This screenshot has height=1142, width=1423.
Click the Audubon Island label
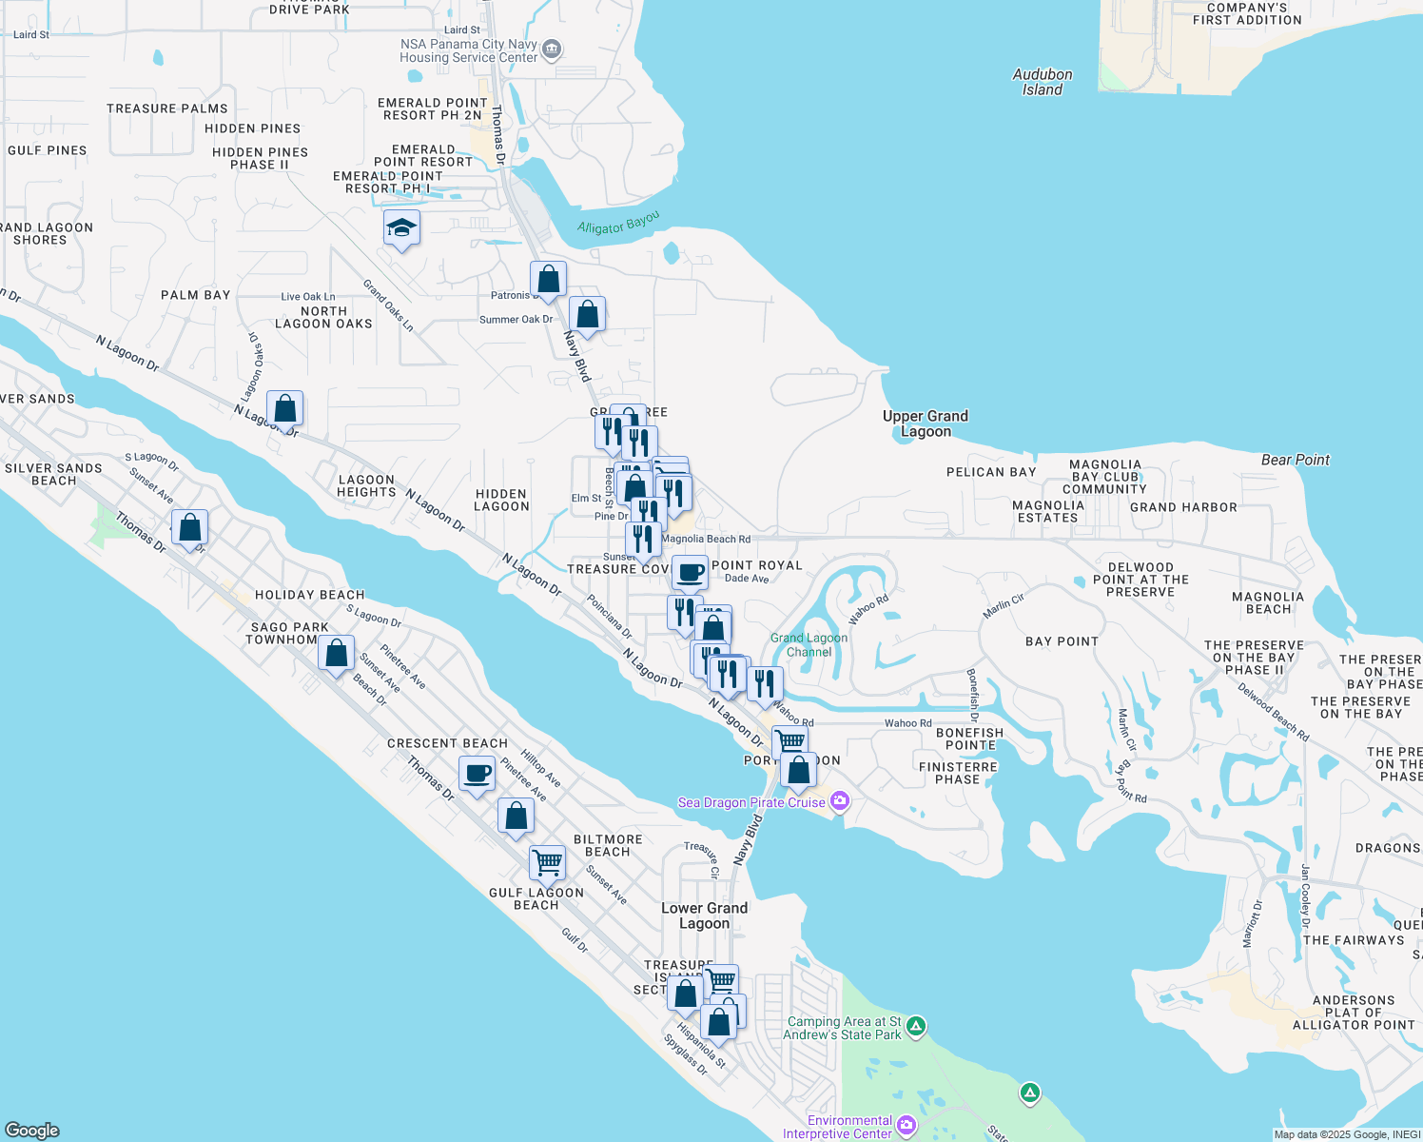pyautogui.click(x=1042, y=82)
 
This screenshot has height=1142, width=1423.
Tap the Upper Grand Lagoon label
pyautogui.click(x=925, y=423)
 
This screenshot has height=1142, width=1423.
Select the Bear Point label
pyautogui.click(x=1295, y=460)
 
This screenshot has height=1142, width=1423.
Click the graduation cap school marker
pyautogui.click(x=401, y=228)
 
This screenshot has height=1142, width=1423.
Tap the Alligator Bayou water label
pyautogui.click(x=618, y=224)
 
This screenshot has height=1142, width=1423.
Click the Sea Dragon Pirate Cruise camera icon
pyautogui.click(x=839, y=801)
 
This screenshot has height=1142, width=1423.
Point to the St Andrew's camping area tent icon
pyautogui.click(x=915, y=1026)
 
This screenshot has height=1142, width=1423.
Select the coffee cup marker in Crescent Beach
pyautogui.click(x=478, y=774)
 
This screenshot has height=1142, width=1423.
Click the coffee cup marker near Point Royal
pyautogui.click(x=690, y=573)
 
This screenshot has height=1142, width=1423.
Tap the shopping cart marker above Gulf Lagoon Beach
pyautogui.click(x=548, y=862)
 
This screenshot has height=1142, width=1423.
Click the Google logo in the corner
pyautogui.click(x=32, y=1130)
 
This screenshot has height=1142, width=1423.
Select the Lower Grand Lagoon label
pyautogui.click(x=704, y=916)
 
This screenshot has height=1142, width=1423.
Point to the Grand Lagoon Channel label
pyautogui.click(x=809, y=645)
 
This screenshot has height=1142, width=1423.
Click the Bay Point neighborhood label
pyautogui.click(x=1062, y=641)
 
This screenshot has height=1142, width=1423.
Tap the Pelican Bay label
pyautogui.click(x=990, y=472)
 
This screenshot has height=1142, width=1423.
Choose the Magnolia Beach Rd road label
pyautogui.click(x=706, y=539)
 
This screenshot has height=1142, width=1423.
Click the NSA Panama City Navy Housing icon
pyautogui.click(x=552, y=49)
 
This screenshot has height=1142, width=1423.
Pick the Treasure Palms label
pyautogui.click(x=167, y=108)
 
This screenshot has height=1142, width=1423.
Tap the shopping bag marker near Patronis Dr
pyautogui.click(x=548, y=279)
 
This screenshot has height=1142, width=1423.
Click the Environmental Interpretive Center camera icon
pyautogui.click(x=906, y=1126)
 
